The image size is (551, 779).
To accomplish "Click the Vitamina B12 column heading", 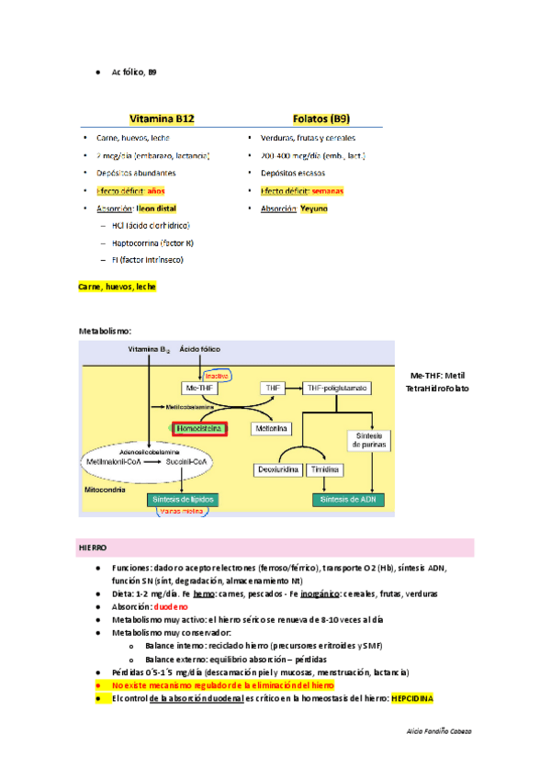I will [162, 119].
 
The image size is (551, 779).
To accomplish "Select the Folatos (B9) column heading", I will [320, 119].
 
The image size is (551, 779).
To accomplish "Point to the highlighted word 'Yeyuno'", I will [313, 209].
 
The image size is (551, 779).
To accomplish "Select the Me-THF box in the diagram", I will [198, 389].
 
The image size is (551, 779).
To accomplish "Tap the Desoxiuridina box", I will [275, 469].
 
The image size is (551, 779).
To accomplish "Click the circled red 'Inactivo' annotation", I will [217, 376].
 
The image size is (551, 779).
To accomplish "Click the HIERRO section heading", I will [93, 548].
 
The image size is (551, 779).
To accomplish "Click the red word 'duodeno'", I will [171, 607].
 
